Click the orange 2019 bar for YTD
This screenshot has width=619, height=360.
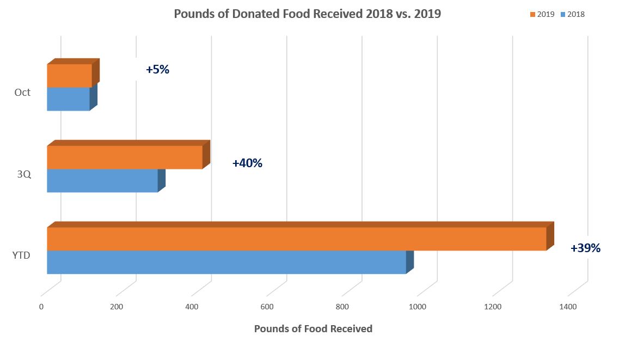click(297, 239)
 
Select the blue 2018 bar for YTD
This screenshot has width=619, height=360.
click(226, 262)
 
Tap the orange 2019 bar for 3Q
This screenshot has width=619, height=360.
click(125, 157)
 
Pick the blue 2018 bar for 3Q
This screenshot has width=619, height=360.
click(102, 180)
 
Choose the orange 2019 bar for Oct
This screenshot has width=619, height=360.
click(69, 76)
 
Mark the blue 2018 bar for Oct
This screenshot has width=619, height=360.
click(68, 99)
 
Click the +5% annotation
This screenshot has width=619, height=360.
click(157, 70)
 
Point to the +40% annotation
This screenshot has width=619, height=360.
click(247, 163)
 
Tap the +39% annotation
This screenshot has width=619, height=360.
click(585, 248)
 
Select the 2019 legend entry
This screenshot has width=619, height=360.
click(543, 15)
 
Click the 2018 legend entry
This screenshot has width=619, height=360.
click(573, 15)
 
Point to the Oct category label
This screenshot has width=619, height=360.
click(22, 93)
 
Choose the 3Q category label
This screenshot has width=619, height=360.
click(23, 174)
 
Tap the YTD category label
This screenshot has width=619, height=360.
click(21, 255)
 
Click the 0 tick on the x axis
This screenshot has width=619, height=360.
click(41, 307)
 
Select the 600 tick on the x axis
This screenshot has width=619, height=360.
click(267, 307)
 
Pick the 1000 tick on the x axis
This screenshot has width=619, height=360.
click(418, 307)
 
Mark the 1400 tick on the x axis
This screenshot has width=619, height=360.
click(568, 307)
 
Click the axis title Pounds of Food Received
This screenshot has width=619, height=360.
click(313, 329)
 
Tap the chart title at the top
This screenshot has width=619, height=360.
click(307, 14)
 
